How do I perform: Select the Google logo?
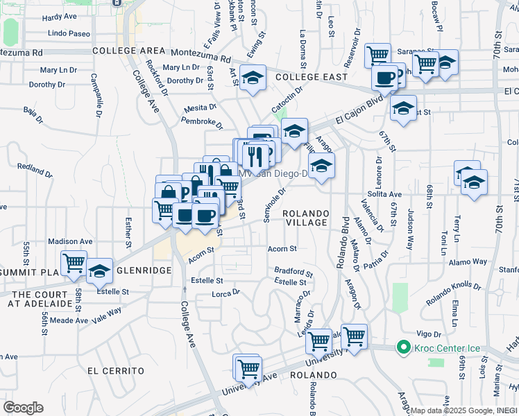pyautogui.click(x=23, y=408)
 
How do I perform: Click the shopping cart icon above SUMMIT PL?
pyautogui.click(x=73, y=262)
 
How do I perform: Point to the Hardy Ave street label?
pyautogui.click(x=60, y=17)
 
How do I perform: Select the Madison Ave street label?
pyautogui.click(x=71, y=241)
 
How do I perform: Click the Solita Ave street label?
pyautogui.click(x=386, y=195)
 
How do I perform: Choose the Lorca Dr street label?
pyautogui.click(x=226, y=293)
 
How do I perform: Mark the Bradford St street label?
pyautogui.click(x=293, y=272)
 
